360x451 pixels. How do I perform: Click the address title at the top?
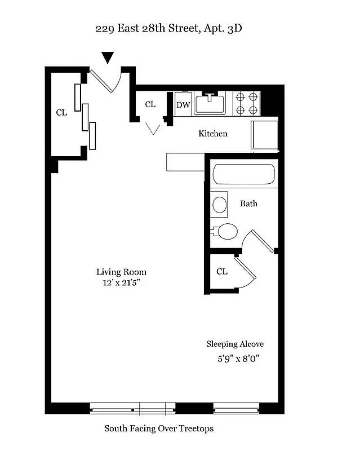point(169,28)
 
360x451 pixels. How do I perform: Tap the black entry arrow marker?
point(107,58)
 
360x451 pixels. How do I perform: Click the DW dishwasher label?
point(183,105)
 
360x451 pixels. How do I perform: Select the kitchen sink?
point(210,104)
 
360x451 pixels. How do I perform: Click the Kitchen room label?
point(212,134)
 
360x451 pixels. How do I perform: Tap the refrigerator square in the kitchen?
point(264,135)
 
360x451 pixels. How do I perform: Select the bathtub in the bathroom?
point(244,175)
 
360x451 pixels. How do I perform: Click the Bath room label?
point(248,203)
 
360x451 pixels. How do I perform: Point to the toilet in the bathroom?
point(225,231)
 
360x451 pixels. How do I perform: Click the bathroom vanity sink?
point(219,204)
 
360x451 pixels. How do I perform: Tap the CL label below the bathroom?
point(222,272)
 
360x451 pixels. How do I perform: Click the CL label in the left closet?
point(61,113)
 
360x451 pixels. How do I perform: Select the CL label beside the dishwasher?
point(150,104)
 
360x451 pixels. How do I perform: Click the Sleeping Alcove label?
point(234,344)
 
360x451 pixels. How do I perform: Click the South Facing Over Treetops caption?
point(159,428)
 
